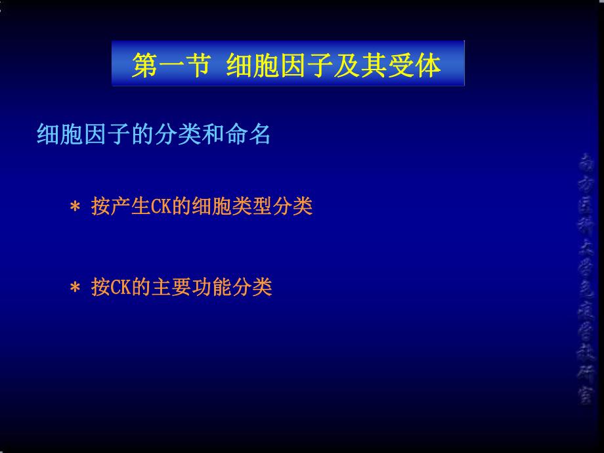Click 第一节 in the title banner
click(x=170, y=66)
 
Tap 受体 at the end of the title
click(x=418, y=66)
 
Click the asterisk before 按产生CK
click(x=75, y=207)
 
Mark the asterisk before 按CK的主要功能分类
click(x=75, y=288)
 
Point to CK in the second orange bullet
click(x=120, y=288)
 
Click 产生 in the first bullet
click(x=120, y=207)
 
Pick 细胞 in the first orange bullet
click(x=211, y=207)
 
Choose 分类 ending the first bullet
click(x=292, y=207)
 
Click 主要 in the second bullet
click(x=171, y=288)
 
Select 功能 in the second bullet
click(x=211, y=288)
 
